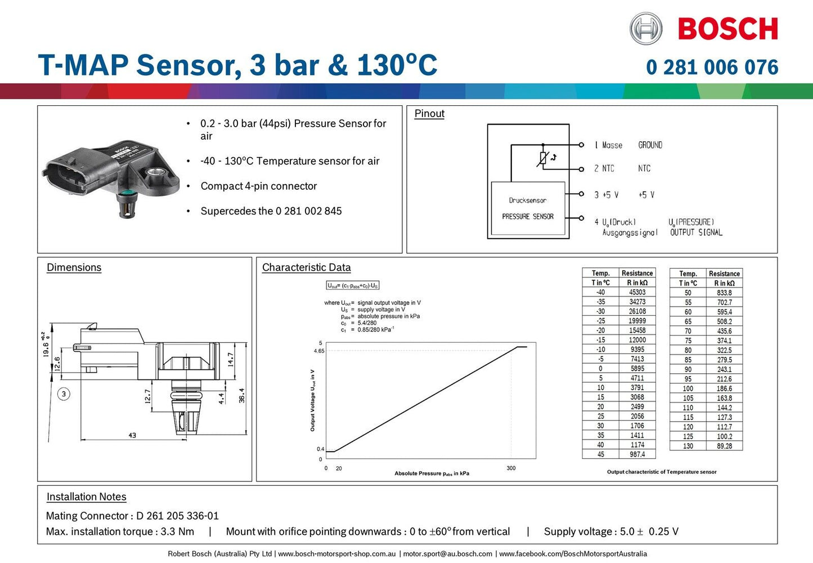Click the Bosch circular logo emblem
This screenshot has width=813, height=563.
point(645,29)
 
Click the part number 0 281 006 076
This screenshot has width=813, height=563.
point(712,68)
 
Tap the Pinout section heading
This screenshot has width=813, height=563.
point(429,114)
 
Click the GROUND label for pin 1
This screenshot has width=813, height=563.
point(650,145)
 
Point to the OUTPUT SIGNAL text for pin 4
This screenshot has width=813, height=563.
point(696,233)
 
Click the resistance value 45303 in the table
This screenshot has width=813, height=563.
point(637,292)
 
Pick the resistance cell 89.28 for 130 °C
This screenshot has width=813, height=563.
point(724,446)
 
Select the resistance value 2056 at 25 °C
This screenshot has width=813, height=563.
point(637,416)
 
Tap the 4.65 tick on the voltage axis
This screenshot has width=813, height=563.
point(319,351)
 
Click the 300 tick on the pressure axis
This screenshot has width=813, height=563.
point(511,468)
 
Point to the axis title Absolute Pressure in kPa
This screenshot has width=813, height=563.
point(432,473)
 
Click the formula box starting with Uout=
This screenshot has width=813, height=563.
point(353,285)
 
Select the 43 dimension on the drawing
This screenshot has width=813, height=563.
point(132,435)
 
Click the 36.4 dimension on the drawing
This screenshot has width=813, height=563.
point(242,395)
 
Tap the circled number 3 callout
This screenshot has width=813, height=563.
point(64,394)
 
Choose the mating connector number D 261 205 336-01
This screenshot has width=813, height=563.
point(177,516)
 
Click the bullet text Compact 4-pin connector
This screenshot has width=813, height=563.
point(259,186)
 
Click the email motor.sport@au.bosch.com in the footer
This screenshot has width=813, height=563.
point(447,554)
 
